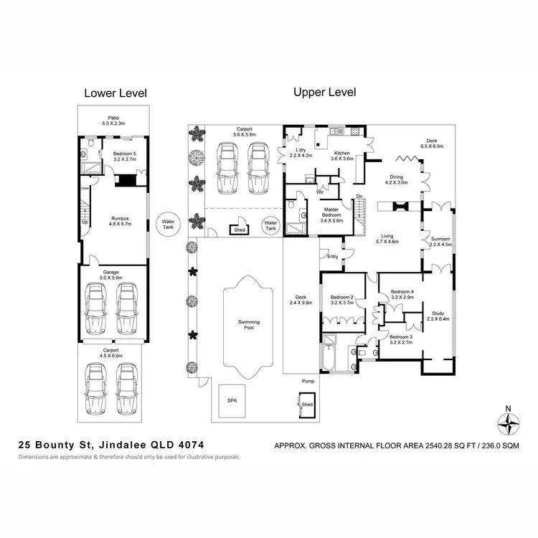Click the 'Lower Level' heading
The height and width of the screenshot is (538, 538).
pos(115,93)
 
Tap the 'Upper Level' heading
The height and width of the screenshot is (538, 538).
pos(324,93)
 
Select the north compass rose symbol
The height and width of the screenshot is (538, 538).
pos(508,425)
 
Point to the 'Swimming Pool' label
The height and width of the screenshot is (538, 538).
pos(250,326)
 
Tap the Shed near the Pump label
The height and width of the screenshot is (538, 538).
pos(307,404)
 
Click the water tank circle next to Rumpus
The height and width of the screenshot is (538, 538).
pos(169,223)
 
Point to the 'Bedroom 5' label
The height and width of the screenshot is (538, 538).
pos(114,151)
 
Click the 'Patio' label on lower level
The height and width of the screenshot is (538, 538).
pos(113,118)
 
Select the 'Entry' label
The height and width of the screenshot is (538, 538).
pos(333,256)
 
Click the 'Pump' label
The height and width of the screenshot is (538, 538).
pos(307,382)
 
